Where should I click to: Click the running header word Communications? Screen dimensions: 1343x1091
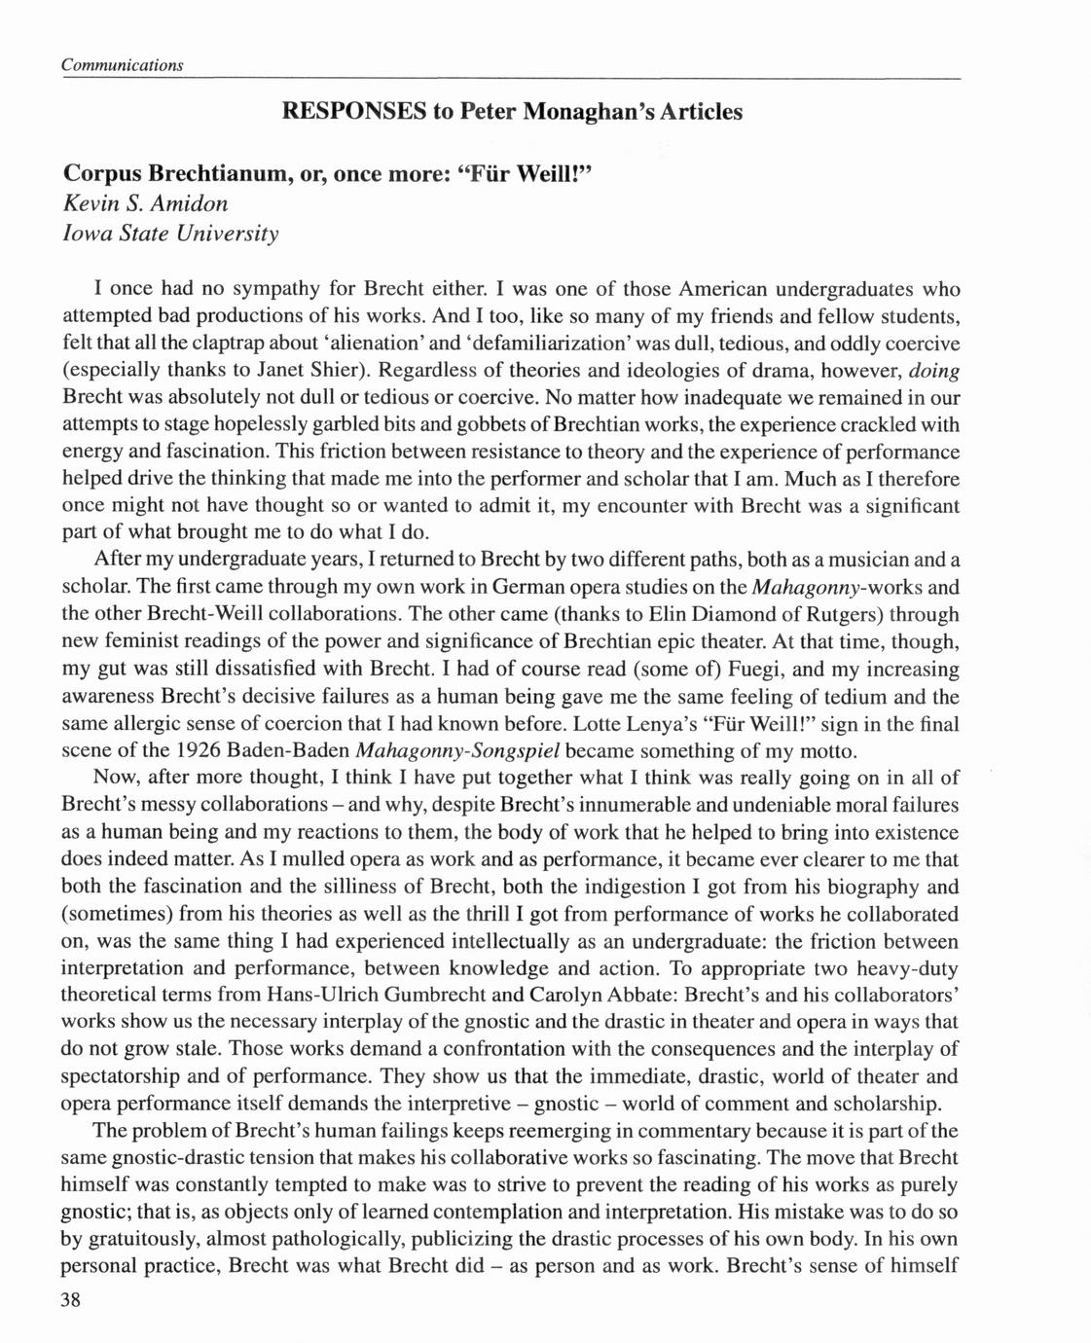(122, 64)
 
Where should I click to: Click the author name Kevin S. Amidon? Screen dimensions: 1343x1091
(145, 203)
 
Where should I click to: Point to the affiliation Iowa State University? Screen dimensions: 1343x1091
(170, 234)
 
